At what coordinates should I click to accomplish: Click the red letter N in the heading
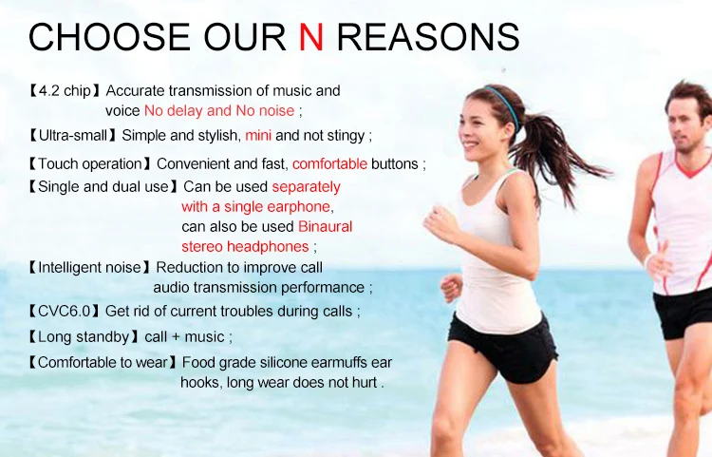311,36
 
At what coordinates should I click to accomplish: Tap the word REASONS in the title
428,36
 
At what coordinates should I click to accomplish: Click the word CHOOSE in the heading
109,36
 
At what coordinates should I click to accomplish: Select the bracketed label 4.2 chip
65,91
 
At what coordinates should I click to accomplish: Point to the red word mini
258,135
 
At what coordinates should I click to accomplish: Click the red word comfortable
329,163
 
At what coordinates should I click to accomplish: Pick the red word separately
306,187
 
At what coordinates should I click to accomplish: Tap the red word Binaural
325,226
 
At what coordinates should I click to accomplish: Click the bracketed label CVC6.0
64,312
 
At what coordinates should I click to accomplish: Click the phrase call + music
184,336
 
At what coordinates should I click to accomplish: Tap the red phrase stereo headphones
245,246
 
